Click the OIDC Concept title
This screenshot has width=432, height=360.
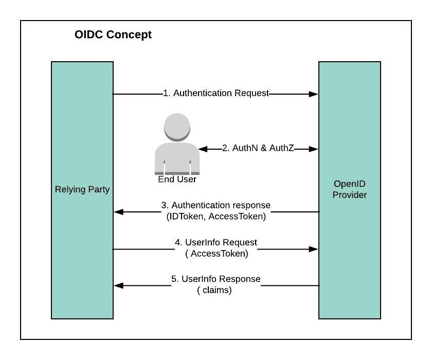pos(113,35)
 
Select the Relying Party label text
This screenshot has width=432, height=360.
pos(82,189)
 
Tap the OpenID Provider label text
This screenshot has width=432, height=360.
pos(350,189)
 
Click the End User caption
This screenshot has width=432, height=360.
pos(177,179)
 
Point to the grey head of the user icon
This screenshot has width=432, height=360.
pos(177,127)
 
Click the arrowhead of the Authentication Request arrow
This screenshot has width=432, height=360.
pos(314,94)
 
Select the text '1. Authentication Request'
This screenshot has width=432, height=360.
pos(216,93)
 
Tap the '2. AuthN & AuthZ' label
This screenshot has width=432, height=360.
pos(258,148)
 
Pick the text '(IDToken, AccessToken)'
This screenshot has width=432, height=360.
pos(216,217)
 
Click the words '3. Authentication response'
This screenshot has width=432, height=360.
pos(216,206)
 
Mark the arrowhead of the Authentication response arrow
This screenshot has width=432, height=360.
pos(118,211)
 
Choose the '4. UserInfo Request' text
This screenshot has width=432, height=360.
pos(216,242)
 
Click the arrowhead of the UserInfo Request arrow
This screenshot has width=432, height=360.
pos(314,249)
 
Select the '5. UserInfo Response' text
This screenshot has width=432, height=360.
pos(216,279)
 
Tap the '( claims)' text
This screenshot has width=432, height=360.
pos(214,290)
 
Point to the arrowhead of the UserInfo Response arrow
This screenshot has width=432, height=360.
pos(118,285)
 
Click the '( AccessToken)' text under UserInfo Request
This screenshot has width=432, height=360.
pos(216,253)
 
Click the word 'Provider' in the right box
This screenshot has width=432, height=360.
pos(350,195)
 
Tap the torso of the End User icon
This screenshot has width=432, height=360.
pos(177,157)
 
